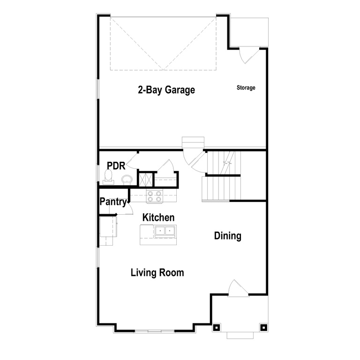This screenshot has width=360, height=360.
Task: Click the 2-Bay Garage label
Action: click(166, 90)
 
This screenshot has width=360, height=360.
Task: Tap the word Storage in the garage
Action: click(246, 88)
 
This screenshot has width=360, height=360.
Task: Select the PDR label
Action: click(115, 165)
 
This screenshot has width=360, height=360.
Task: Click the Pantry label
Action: click(113, 202)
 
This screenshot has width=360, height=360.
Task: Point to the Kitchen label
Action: click(158, 217)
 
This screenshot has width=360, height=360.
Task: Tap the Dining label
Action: click(228, 236)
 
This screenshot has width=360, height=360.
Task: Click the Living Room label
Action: click(157, 272)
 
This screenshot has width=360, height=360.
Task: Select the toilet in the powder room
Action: click(109, 176)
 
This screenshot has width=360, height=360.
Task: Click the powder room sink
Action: click(127, 179)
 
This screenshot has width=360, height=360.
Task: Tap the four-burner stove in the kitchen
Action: click(155, 196)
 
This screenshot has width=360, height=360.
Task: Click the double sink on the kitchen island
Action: click(165, 231)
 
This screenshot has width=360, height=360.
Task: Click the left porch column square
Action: click(216, 327)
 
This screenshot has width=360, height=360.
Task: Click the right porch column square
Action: click(263, 327)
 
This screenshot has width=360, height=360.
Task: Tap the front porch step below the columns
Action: click(240, 335)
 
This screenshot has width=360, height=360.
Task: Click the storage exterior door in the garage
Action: click(247, 55)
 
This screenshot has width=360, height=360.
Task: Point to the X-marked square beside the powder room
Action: click(145, 179)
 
